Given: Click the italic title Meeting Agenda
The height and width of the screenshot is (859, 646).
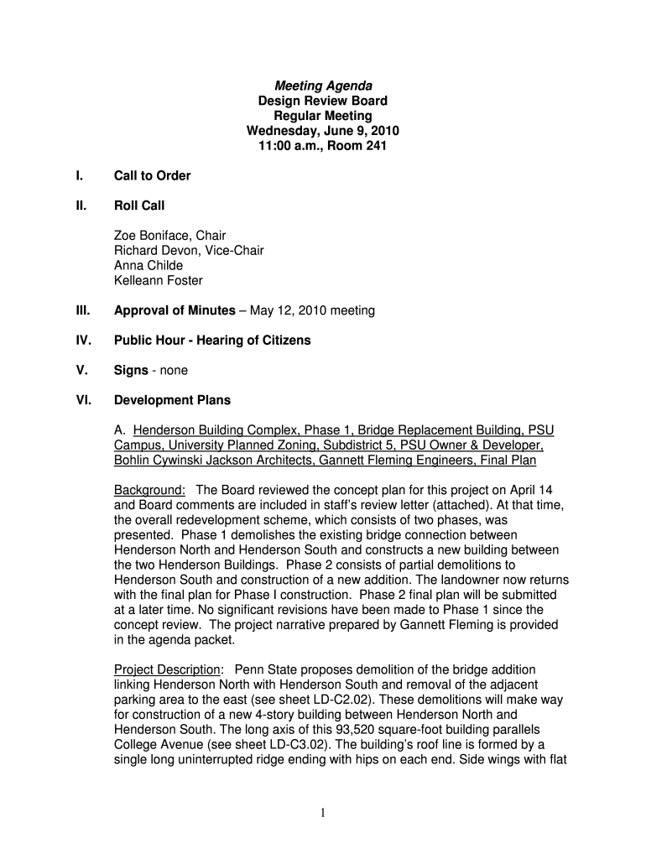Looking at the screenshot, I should [x=323, y=86].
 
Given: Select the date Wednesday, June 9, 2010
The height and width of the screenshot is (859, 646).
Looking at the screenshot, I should [x=323, y=131].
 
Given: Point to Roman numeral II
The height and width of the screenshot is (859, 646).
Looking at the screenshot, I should [x=81, y=206].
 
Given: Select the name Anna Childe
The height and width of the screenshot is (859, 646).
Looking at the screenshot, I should [x=148, y=266].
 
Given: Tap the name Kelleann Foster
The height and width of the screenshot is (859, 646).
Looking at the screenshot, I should [x=159, y=281].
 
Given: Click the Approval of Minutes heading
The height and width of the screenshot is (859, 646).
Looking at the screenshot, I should [x=175, y=310].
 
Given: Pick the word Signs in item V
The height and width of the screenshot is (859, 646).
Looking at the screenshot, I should [x=131, y=370].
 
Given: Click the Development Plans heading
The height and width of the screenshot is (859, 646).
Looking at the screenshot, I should [x=172, y=400].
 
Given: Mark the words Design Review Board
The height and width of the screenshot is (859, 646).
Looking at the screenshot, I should [x=323, y=102].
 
